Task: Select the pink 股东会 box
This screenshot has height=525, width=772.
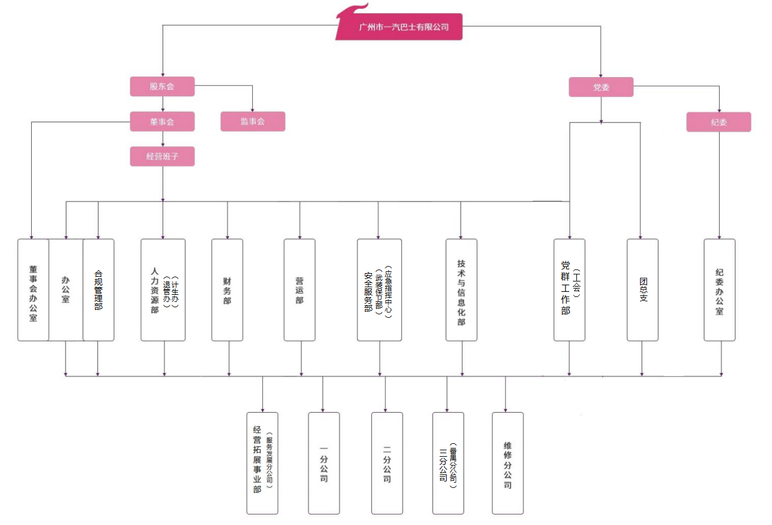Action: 162,87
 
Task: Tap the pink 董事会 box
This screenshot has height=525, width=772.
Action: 162,122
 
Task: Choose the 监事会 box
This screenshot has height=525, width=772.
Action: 253,122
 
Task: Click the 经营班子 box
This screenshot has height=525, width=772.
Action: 162,157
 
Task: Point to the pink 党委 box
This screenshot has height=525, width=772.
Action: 601,87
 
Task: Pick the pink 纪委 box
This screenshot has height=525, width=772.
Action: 719,122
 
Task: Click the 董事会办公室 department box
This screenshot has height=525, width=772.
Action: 33,290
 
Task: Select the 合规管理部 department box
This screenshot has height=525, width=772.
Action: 98,290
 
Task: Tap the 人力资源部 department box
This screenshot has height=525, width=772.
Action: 163,290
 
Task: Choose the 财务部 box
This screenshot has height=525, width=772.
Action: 227,290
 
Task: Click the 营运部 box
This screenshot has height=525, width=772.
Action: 299,290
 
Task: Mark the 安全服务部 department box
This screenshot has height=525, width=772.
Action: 380,290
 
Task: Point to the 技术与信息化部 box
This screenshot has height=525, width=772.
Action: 461,290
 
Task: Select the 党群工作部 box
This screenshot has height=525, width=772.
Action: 569,290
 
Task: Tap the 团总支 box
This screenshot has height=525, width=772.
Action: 642,290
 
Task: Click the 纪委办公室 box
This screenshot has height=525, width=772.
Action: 720,290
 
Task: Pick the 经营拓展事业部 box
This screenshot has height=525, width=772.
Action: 262,463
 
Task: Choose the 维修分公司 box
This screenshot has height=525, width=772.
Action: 508,463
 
